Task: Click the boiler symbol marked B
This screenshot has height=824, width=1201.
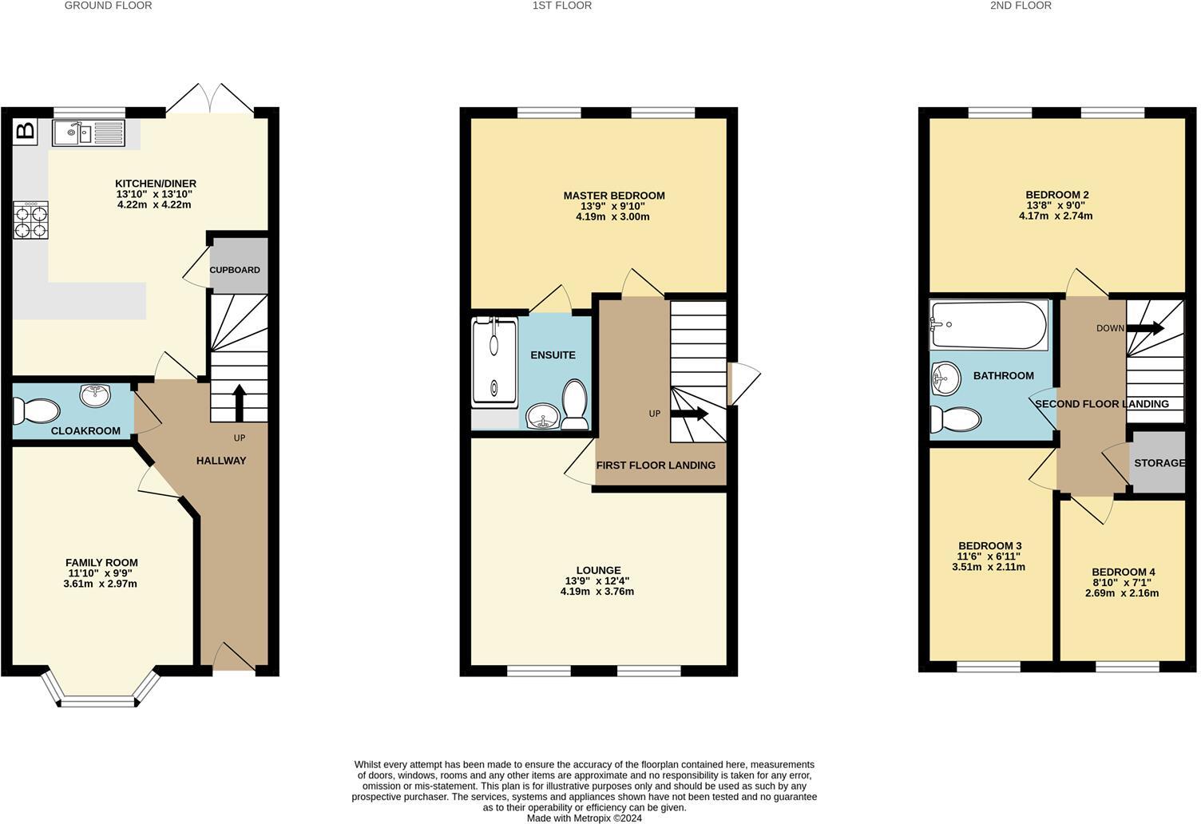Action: (26, 131)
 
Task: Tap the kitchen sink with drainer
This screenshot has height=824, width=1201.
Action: (89, 133)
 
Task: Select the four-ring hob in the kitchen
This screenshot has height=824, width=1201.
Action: (30, 220)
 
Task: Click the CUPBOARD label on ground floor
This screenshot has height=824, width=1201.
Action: (235, 270)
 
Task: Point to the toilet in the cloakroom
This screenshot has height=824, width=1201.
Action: (37, 411)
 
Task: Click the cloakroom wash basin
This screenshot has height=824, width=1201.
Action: (96, 394)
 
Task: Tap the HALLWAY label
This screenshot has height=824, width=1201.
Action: (221, 461)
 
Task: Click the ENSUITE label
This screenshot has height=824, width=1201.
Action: (553, 355)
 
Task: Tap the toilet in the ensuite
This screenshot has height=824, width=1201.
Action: (575, 404)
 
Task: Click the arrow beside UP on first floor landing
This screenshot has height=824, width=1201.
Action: (688, 414)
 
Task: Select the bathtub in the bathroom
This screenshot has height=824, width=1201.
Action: (989, 325)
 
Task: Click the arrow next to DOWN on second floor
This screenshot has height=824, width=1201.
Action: (1145, 328)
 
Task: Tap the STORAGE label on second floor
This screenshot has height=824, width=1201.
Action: (1159, 463)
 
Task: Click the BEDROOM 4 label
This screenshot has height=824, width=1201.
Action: (1123, 572)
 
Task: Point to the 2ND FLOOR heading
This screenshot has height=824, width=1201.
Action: (1021, 6)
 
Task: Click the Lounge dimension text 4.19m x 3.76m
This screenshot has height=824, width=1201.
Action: (597, 592)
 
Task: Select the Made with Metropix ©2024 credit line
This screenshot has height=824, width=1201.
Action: (584, 818)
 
